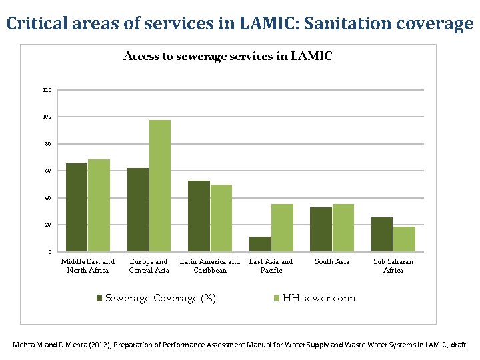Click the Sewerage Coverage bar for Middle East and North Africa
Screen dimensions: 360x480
point(77,207)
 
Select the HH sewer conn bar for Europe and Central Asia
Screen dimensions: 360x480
point(160,186)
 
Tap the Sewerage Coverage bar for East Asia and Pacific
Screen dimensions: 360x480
point(260,244)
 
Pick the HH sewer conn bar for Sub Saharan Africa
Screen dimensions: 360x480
point(404,239)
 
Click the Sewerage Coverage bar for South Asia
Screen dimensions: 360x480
point(321,229)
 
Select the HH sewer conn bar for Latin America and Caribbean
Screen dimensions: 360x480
point(221,218)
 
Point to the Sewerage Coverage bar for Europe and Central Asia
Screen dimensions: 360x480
point(138,210)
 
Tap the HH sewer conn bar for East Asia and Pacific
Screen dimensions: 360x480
point(282,228)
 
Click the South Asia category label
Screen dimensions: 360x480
point(332,262)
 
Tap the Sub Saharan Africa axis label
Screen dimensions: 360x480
point(393,266)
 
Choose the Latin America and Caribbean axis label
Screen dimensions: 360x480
point(210,266)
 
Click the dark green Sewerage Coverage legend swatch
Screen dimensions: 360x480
point(99,299)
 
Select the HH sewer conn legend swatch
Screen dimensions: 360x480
point(277,299)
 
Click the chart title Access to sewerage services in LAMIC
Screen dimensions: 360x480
point(228,57)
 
